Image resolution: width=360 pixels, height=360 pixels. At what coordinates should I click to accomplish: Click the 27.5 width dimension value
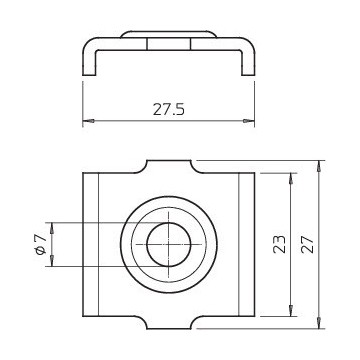point(168,109)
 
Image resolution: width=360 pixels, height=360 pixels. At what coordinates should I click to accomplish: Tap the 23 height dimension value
point(279,244)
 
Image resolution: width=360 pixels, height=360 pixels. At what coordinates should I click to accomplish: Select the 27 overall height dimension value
point(307,244)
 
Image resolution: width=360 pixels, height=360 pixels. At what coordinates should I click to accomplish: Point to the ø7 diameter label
point(40,245)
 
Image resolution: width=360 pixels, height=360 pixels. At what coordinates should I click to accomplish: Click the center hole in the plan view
point(169,245)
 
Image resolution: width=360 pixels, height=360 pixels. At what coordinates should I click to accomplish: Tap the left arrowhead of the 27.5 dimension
point(88,121)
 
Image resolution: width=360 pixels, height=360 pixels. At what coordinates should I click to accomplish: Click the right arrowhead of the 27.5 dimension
point(249,121)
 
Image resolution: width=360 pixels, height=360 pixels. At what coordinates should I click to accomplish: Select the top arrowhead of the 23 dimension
point(291,178)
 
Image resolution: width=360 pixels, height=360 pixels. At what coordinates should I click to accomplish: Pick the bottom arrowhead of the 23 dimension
point(291,311)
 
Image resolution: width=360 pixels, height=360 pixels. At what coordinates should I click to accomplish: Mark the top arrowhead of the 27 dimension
point(319,166)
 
